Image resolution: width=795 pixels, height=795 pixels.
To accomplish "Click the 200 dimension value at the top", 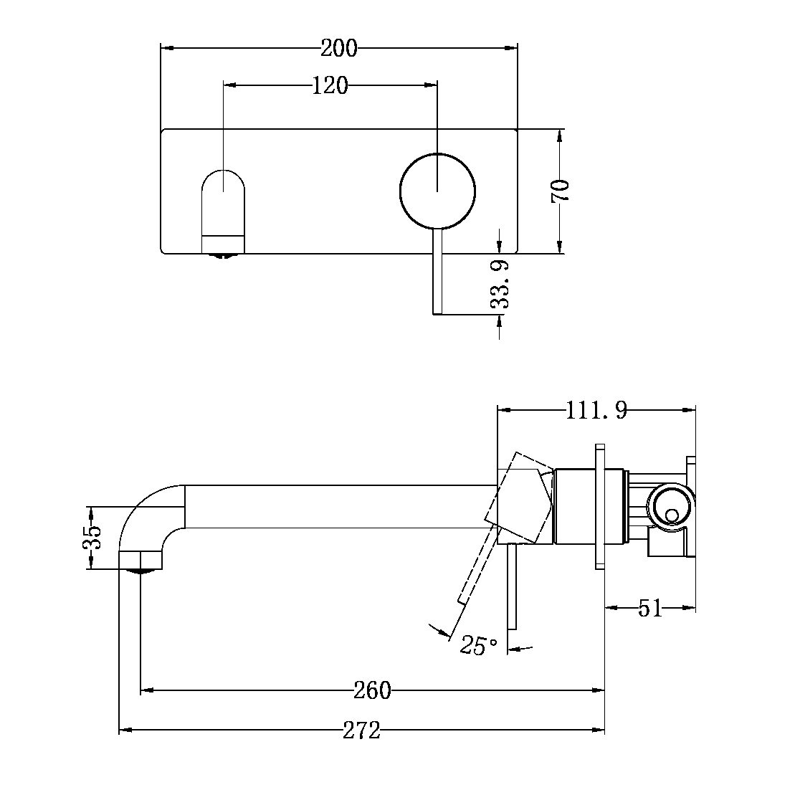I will (338, 49).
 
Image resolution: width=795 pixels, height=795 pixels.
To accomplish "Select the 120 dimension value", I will (330, 86).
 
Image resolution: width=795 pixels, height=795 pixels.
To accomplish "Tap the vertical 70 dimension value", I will (561, 191).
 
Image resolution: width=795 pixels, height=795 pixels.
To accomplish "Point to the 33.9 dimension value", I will (500, 284).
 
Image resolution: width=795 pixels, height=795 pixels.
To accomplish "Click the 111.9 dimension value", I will (596, 411).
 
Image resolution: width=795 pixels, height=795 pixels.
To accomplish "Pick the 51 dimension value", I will (649, 609).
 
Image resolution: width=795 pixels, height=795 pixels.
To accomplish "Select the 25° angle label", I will (479, 645).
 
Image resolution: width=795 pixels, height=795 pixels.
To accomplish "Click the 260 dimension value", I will (373, 690).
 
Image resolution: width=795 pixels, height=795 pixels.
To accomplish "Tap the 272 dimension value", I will (361, 730).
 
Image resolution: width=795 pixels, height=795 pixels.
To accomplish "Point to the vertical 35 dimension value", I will (92, 537).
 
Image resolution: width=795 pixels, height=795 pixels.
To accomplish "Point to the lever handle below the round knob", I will (437, 272).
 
